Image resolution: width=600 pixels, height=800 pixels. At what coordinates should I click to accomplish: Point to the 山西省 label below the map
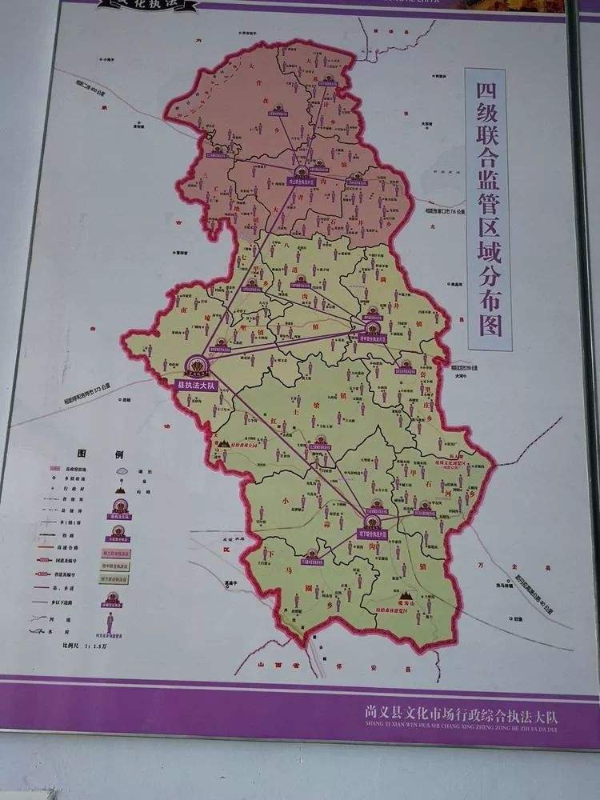268,663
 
